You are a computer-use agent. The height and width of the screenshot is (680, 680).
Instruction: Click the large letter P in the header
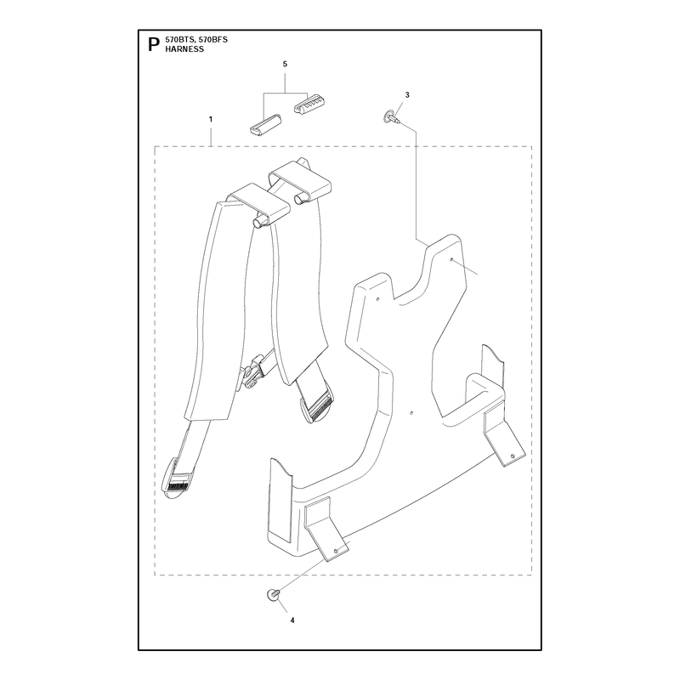pos(154,44)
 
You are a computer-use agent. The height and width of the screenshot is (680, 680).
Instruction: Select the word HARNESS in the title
pos(184,49)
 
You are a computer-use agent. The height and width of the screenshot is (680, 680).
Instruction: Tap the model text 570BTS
pos(178,39)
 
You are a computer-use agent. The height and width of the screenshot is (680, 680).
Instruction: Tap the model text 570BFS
pos(212,39)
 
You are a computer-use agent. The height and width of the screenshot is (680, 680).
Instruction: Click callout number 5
pos(285,65)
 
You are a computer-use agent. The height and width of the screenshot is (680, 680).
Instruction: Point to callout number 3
pos(407,95)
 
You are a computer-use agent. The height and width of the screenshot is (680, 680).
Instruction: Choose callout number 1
pos(211,119)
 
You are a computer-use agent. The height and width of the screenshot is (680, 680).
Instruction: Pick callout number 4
pos(292,620)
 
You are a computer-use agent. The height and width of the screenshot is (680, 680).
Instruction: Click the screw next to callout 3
pos(390,117)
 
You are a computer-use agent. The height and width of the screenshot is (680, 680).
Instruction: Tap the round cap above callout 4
pos(273,594)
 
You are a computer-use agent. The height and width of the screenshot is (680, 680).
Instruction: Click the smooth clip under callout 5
pos(265,126)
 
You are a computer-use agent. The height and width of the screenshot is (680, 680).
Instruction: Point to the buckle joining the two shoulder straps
pos(254,369)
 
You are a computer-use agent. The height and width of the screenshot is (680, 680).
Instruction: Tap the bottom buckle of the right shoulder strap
pos(317,404)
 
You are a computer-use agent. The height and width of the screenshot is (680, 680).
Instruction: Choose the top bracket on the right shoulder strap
pos(300,181)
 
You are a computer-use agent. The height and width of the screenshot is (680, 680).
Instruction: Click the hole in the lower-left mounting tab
pos(335,550)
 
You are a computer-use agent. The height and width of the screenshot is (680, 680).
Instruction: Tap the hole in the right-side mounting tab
pos(513,456)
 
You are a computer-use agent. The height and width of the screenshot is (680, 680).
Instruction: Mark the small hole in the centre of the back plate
pos(412,412)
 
